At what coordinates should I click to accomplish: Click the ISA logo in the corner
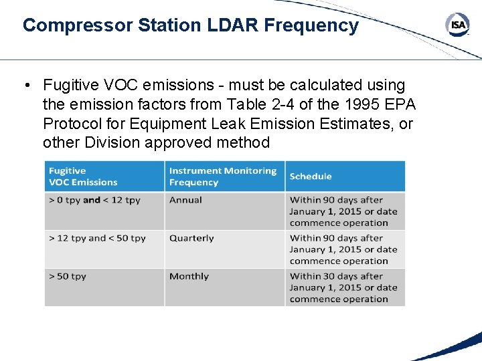point(457,25)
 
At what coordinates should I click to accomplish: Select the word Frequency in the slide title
point(311,25)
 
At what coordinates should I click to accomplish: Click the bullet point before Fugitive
point(26,86)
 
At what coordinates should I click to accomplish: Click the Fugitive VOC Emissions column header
point(83,176)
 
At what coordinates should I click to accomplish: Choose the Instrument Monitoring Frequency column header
point(222,176)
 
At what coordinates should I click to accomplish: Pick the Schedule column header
point(311,176)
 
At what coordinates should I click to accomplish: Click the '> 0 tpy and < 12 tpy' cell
point(94,200)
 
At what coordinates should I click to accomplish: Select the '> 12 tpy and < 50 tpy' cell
point(97,238)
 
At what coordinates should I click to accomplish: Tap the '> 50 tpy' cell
point(68,276)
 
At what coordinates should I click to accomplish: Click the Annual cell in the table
point(185,200)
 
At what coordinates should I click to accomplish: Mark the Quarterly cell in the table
point(191,238)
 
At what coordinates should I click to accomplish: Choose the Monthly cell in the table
point(189,276)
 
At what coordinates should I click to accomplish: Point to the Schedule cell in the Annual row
point(343,211)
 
